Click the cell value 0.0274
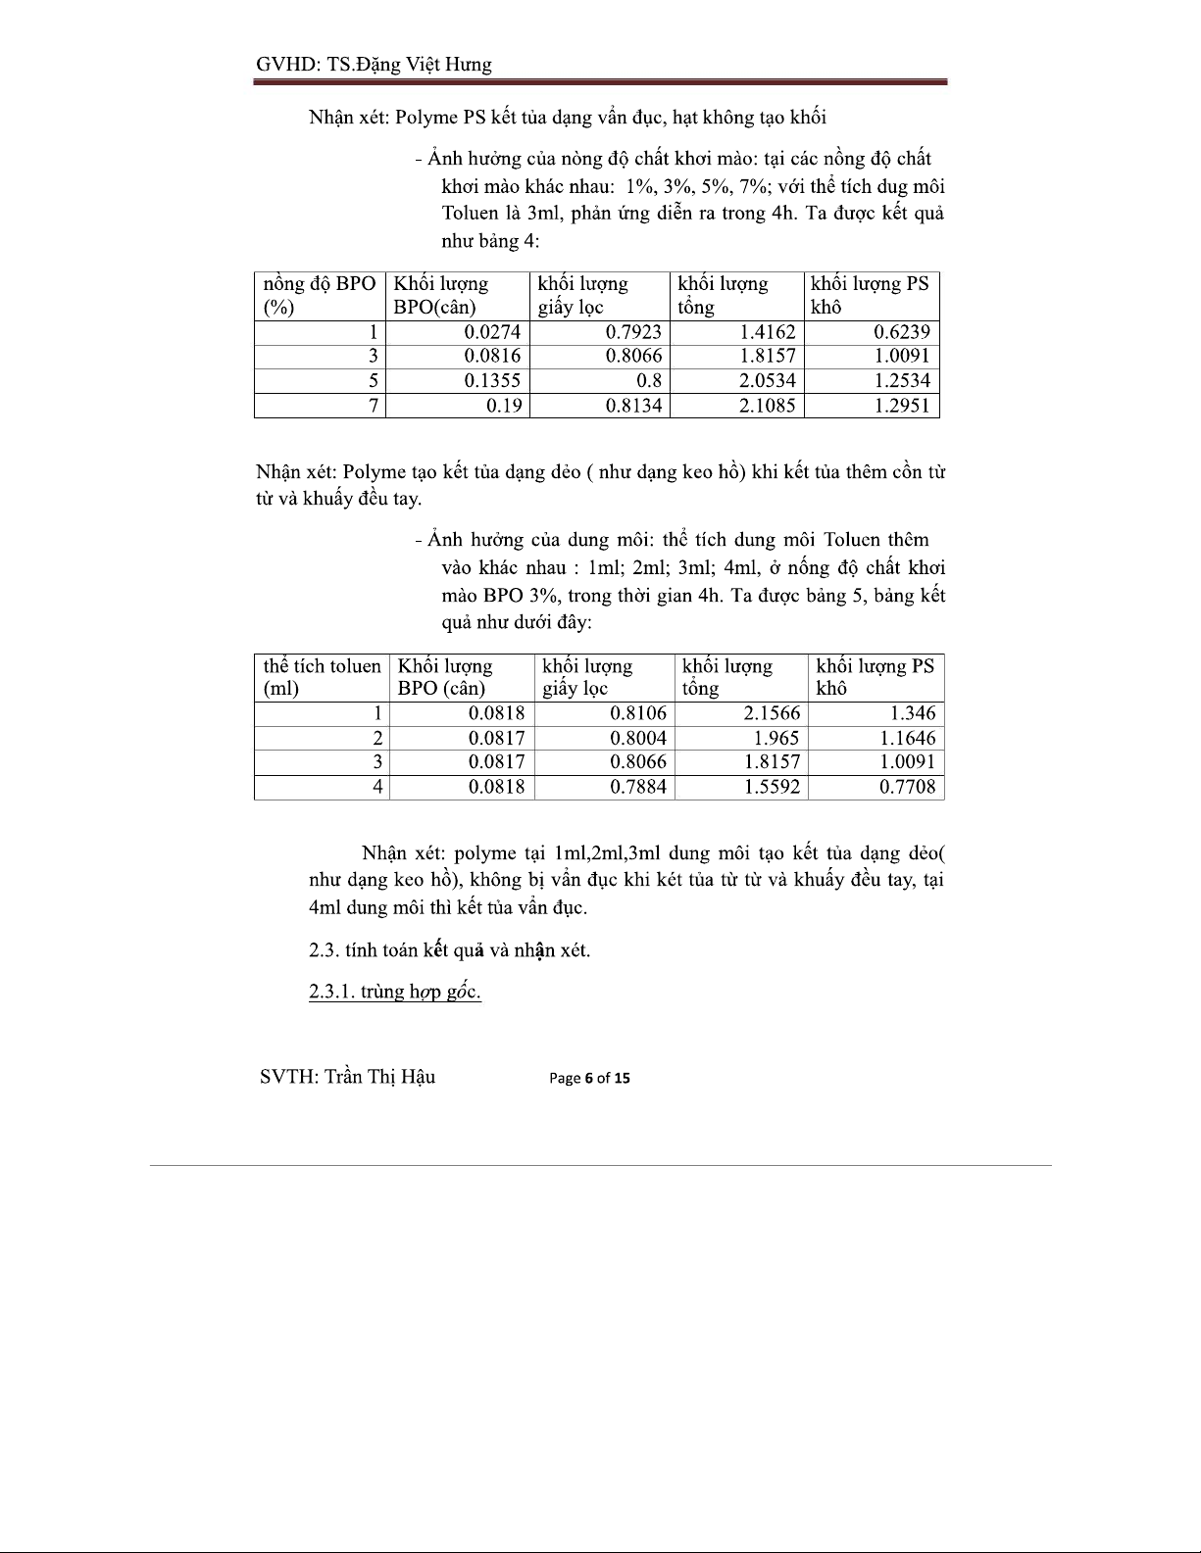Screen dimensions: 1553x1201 point(492,332)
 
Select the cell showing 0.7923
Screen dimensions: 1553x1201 point(633,332)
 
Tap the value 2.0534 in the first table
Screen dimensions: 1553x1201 point(768,380)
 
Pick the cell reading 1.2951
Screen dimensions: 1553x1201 point(902,405)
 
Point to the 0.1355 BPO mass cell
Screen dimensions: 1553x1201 point(492,380)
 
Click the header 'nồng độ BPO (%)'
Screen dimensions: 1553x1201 point(319,295)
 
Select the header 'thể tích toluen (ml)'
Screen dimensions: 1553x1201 point(322,677)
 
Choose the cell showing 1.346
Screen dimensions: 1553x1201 point(912,713)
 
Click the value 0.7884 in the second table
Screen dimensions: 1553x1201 point(638,786)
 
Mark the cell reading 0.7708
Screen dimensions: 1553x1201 point(907,786)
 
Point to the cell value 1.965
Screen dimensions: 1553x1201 point(776,738)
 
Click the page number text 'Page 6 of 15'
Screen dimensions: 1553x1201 point(590,1078)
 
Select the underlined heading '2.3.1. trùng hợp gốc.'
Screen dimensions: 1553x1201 point(394,992)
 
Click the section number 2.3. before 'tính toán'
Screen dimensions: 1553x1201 point(325,950)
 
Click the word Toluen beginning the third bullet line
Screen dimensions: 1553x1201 point(472,214)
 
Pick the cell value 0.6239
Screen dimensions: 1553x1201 point(902,332)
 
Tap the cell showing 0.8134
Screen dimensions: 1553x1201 point(633,405)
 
